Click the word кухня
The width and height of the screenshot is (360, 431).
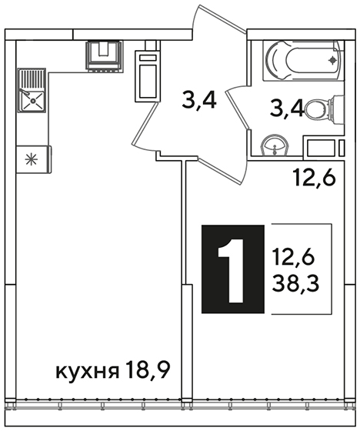point(88,371)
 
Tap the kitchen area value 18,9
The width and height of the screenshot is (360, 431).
point(147,370)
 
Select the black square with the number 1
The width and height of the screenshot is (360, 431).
point(233,269)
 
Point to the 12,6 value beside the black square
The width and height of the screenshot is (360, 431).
point(293,257)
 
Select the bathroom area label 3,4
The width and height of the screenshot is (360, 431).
point(286,109)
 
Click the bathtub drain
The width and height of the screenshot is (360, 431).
point(332,60)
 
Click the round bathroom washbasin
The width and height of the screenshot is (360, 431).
point(275,146)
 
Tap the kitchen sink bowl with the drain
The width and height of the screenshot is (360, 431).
point(32,101)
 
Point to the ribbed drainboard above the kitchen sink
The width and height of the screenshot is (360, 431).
point(31,80)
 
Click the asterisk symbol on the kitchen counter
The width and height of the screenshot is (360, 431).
point(31,160)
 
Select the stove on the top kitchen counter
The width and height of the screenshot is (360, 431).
point(104,55)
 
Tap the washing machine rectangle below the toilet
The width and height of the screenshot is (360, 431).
point(321,148)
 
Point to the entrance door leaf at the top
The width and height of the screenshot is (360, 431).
point(218,18)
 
